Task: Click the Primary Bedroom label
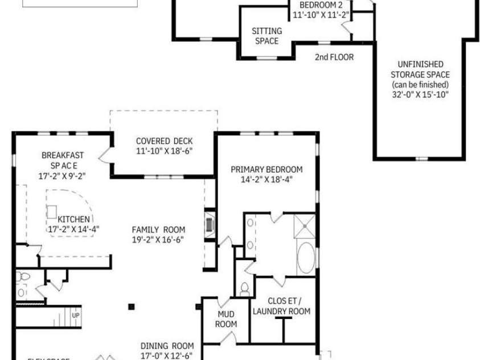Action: [x=266, y=169]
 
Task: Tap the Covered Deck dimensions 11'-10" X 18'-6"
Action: [x=164, y=151]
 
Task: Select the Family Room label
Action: [x=159, y=230]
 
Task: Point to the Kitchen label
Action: [x=73, y=219]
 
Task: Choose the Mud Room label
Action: [x=227, y=319]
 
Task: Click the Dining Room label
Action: [x=167, y=346]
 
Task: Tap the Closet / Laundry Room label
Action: [x=281, y=306]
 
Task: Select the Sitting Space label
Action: [x=266, y=36]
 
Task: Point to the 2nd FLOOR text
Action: [x=334, y=57]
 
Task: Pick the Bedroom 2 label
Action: [x=321, y=5]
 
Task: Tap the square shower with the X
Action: [x=305, y=227]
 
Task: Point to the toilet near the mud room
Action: [x=244, y=289]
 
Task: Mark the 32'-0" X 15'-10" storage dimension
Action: [x=420, y=94]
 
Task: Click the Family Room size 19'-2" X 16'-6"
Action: [x=159, y=239]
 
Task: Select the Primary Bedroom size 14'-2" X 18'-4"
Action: [x=266, y=179]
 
